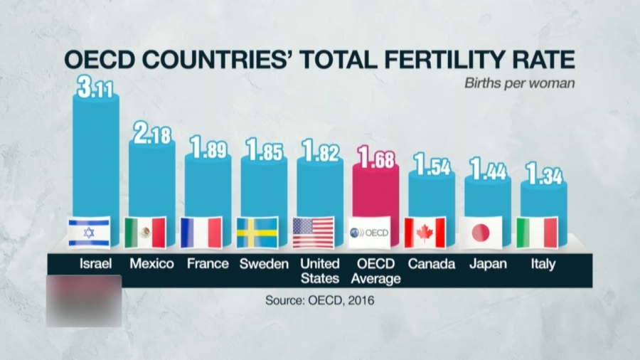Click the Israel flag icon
89,233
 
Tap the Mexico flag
145,233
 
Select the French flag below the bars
201,233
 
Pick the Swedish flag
257,233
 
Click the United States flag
313,233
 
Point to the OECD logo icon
369,233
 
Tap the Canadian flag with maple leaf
425,233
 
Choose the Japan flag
481,233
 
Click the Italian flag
537,233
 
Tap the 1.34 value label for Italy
544,174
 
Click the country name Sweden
264,264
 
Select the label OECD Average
376,271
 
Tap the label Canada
432,264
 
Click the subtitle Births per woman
519,83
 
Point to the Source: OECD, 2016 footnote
319,300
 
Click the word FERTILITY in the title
424,60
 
